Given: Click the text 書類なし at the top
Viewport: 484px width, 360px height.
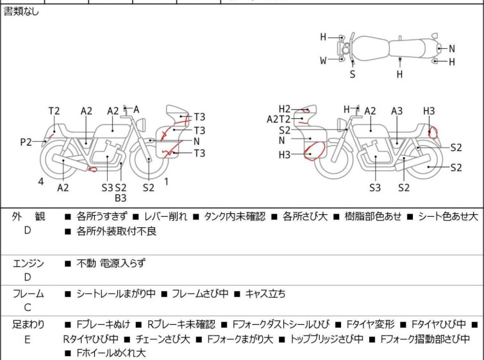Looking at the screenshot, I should [x=21, y=11].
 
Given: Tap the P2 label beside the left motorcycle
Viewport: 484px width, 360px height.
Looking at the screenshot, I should [x=26, y=142].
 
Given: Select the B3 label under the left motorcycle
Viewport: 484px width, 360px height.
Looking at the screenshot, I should [x=121, y=198].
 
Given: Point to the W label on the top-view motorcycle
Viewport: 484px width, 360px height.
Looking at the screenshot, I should [x=323, y=61].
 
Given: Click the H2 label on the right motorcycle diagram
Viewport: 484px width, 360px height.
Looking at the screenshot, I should [x=285, y=108].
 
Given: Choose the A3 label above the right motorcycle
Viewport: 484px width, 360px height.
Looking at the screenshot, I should [x=397, y=111].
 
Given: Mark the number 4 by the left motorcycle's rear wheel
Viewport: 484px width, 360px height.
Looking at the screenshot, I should [x=40, y=182].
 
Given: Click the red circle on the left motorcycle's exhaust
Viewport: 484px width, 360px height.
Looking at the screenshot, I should [x=92, y=169].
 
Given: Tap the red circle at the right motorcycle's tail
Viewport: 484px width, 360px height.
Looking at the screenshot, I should [x=433, y=133].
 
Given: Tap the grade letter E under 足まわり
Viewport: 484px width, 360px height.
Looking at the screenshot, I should [x=28, y=339].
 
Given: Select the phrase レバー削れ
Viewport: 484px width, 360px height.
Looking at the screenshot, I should [x=165, y=217].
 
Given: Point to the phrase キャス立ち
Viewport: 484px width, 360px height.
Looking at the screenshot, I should [x=265, y=294].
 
